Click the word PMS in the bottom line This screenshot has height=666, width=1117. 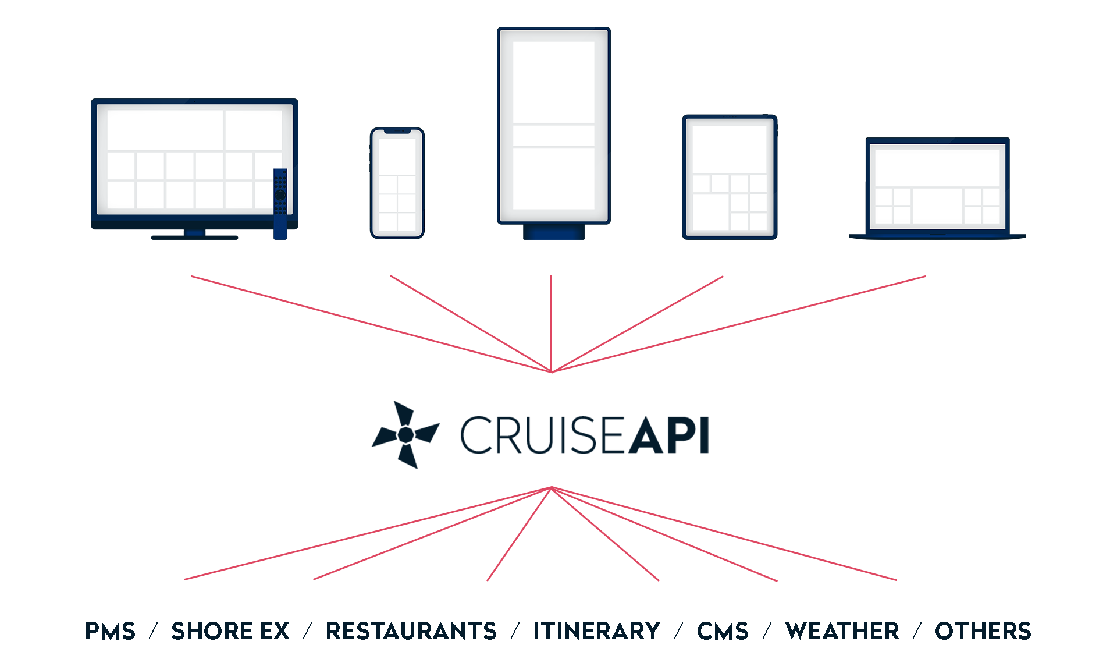(111, 631)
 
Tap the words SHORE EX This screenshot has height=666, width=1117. (230, 631)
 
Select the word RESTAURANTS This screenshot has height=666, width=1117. (411, 631)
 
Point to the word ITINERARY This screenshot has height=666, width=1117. (596, 631)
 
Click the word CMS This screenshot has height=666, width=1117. (723, 631)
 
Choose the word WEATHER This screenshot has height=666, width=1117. (842, 631)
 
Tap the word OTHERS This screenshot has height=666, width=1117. (983, 631)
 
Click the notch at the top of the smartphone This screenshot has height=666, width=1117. (397, 132)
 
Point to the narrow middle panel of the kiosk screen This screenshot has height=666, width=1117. (554, 136)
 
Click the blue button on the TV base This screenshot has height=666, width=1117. (194, 233)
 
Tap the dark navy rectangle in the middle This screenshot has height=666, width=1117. (539, 434)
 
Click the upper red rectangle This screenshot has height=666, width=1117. (558, 324)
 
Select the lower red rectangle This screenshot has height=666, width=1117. (540, 533)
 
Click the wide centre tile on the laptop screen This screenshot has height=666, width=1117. (937, 206)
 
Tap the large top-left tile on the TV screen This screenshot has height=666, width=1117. (165, 129)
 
